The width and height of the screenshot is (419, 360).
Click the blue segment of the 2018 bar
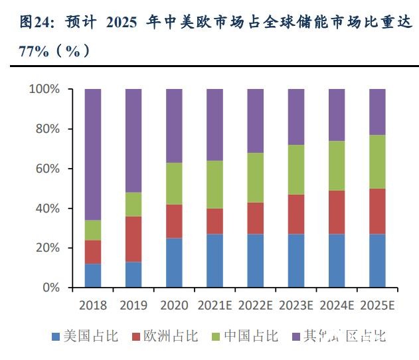click(x=93, y=276)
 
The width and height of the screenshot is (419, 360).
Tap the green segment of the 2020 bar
click(x=174, y=183)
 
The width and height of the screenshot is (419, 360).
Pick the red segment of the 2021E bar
click(x=214, y=221)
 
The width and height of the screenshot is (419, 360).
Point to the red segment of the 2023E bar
click(x=296, y=214)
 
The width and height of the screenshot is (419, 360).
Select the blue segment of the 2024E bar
click(x=337, y=260)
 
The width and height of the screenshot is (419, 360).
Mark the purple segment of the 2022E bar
click(x=256, y=121)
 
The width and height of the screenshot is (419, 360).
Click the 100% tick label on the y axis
click(x=44, y=89)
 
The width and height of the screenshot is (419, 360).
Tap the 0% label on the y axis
click(x=50, y=288)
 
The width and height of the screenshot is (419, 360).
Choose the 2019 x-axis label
click(x=133, y=305)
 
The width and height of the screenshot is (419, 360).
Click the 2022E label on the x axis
click(x=256, y=305)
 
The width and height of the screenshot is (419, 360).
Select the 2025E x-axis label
click(x=377, y=305)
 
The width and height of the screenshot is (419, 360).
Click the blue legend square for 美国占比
click(x=56, y=337)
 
